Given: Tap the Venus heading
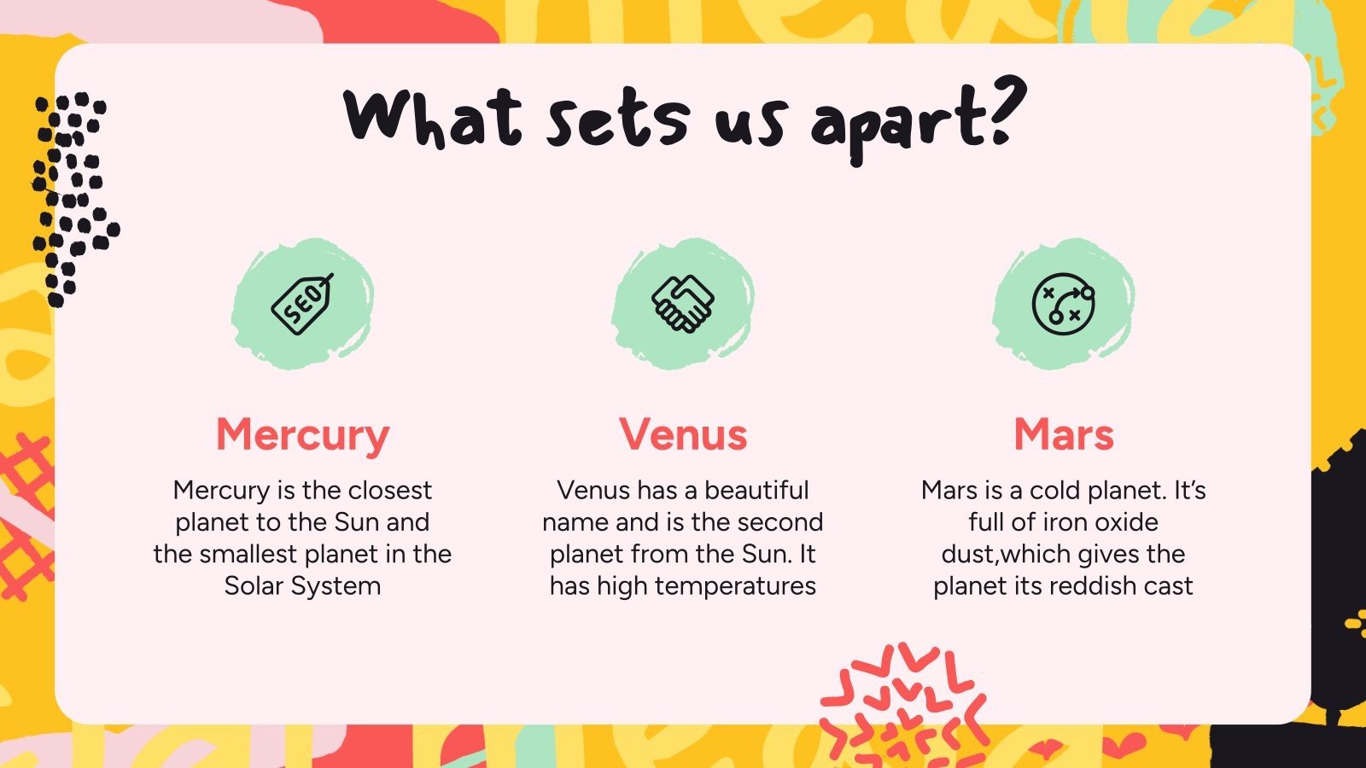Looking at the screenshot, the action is point(683,434).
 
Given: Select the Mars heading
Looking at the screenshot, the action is point(1064,434).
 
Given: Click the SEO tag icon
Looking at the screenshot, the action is point(302,304).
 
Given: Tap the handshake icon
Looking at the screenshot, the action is point(683,304).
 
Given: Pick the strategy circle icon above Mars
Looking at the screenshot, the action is point(1064,304).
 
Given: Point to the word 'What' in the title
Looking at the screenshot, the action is point(433,119).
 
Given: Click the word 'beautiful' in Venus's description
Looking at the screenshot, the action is point(756,490).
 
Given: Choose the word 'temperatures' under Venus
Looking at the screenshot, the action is point(737,586).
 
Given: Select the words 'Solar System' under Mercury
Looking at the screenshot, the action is point(302,586).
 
